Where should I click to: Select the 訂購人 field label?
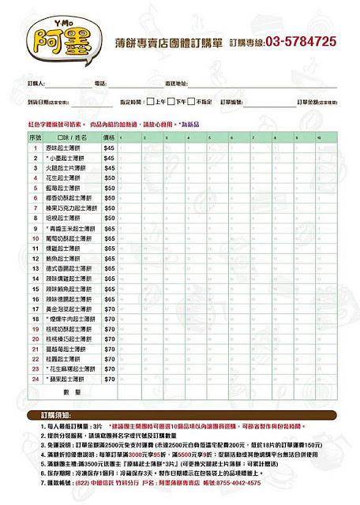click(x=36, y=83)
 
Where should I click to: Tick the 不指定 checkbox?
click(x=193, y=103)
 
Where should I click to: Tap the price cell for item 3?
click(x=109, y=168)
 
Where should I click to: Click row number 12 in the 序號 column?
click(x=36, y=259)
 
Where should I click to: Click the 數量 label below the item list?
click(x=72, y=392)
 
